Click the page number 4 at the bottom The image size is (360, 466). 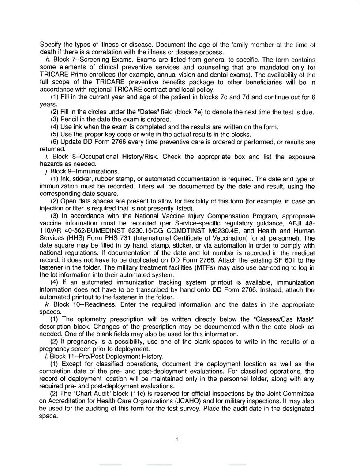pos(176,439)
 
